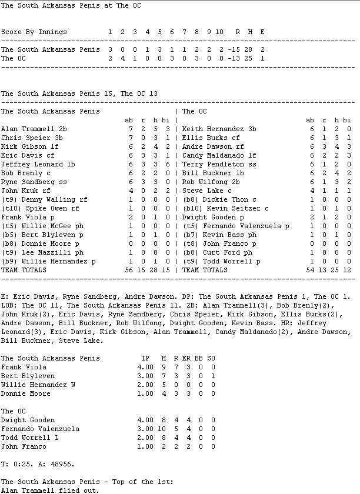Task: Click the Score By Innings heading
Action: tap(34, 32)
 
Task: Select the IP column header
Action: tap(145, 358)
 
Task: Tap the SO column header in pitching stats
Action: tap(211, 358)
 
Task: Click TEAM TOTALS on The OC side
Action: tap(205, 270)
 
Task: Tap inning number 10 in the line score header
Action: tap(219, 32)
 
